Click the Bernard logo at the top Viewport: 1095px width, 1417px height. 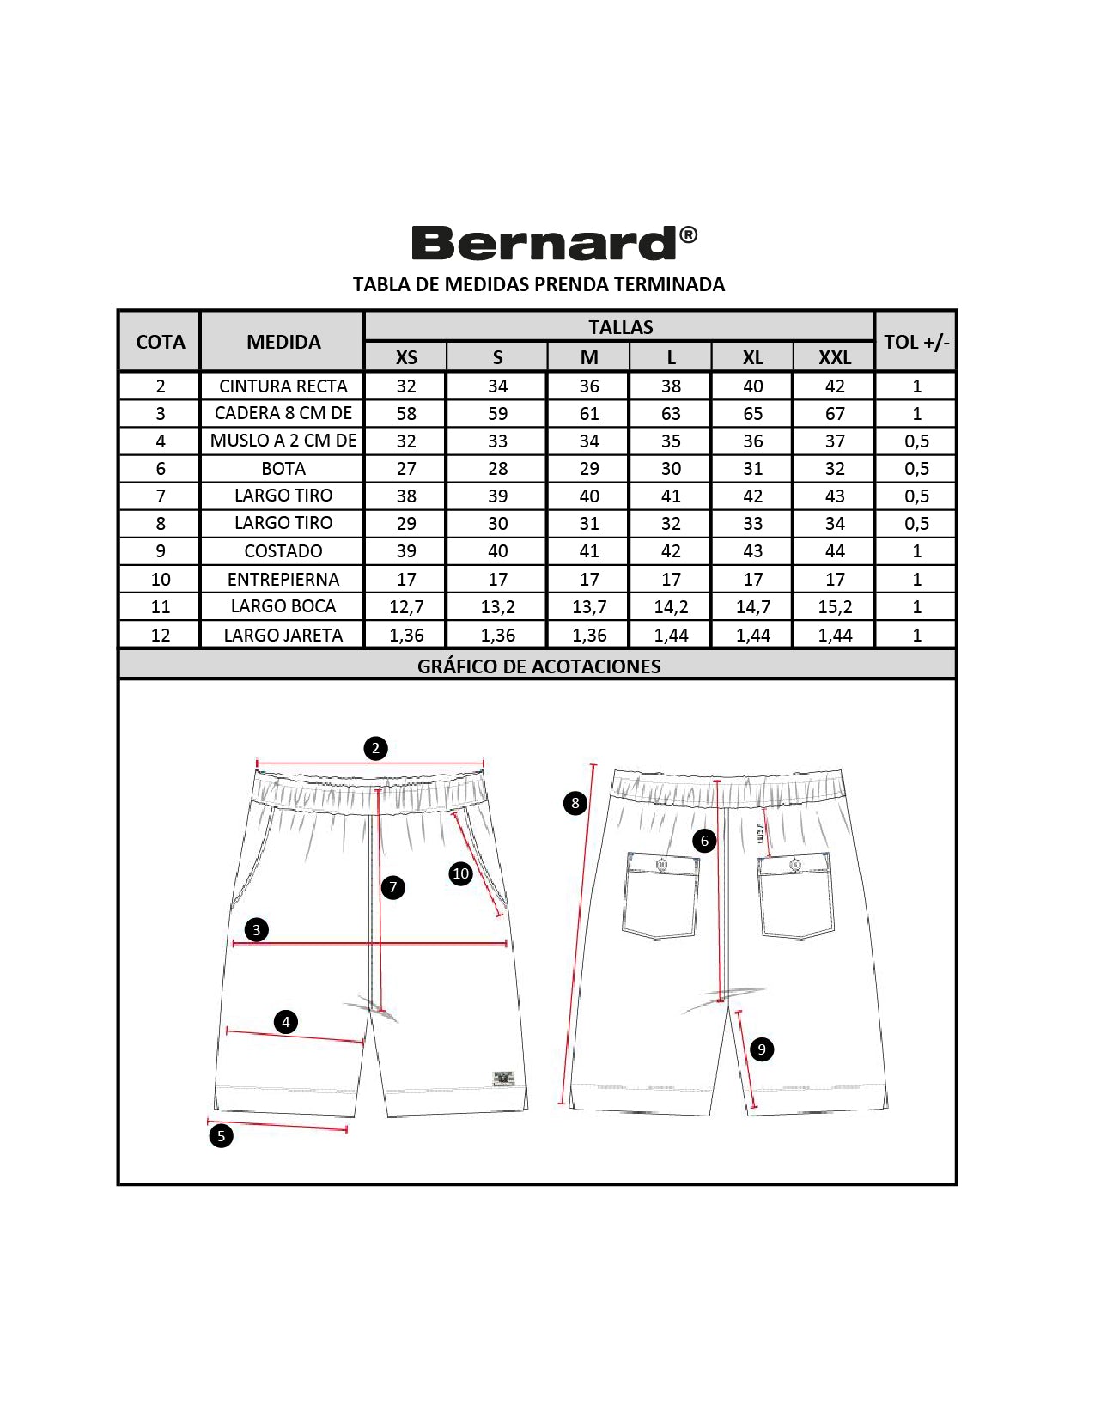(554, 242)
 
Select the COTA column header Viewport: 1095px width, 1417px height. (161, 342)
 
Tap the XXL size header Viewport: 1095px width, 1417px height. (834, 357)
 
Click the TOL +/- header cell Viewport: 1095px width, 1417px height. (916, 342)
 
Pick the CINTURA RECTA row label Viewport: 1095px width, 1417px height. (283, 386)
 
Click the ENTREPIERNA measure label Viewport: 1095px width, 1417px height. (283, 579)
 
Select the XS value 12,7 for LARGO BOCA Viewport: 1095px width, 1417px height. (406, 607)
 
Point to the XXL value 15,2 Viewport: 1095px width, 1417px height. (835, 607)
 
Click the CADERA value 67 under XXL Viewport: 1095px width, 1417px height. (835, 413)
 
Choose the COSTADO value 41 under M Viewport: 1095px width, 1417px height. (589, 551)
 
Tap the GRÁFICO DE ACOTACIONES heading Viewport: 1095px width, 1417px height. (538, 666)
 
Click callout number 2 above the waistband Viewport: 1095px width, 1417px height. (375, 748)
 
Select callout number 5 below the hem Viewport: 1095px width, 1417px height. (221, 1136)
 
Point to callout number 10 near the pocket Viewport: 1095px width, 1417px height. (460, 873)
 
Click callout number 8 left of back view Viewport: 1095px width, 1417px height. (575, 803)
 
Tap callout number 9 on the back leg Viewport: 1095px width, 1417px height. (761, 1049)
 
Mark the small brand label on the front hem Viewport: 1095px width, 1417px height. (503, 1079)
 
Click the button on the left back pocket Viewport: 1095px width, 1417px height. (661, 865)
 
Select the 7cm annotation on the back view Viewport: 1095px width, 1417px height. (759, 833)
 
